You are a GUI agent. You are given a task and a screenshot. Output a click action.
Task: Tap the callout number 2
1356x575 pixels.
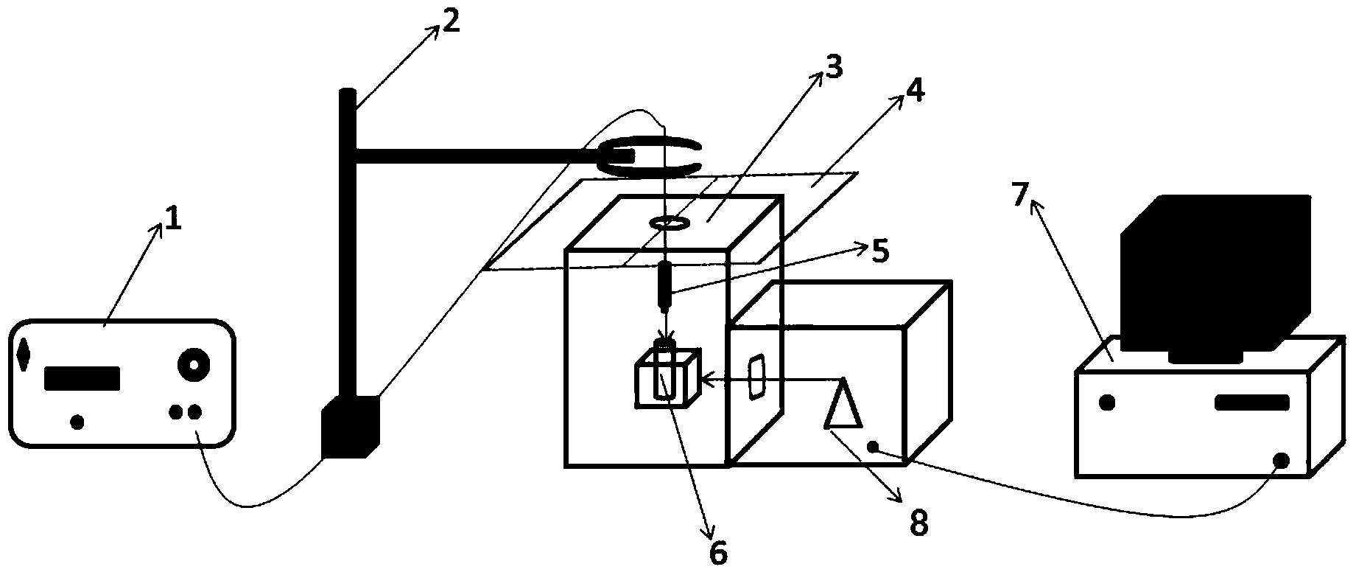(450, 21)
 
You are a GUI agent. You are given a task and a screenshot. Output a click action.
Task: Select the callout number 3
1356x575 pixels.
(832, 69)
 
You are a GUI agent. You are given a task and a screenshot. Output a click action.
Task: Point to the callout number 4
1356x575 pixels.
(914, 89)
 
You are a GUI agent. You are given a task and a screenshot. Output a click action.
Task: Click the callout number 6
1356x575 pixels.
(717, 551)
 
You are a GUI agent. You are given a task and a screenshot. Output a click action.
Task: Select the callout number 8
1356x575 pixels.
(918, 523)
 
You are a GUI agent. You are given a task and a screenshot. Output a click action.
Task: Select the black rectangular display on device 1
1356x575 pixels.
(82, 378)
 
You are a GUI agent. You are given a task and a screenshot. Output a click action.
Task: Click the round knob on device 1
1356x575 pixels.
(194, 364)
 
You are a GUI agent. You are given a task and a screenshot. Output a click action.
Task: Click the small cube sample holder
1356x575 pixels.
(665, 377)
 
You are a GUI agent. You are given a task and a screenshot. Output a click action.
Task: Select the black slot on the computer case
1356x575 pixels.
(1251, 402)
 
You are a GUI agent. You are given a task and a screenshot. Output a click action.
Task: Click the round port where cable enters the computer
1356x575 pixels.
(1282, 460)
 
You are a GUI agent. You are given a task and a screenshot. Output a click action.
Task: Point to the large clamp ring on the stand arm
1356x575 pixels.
(648, 156)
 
